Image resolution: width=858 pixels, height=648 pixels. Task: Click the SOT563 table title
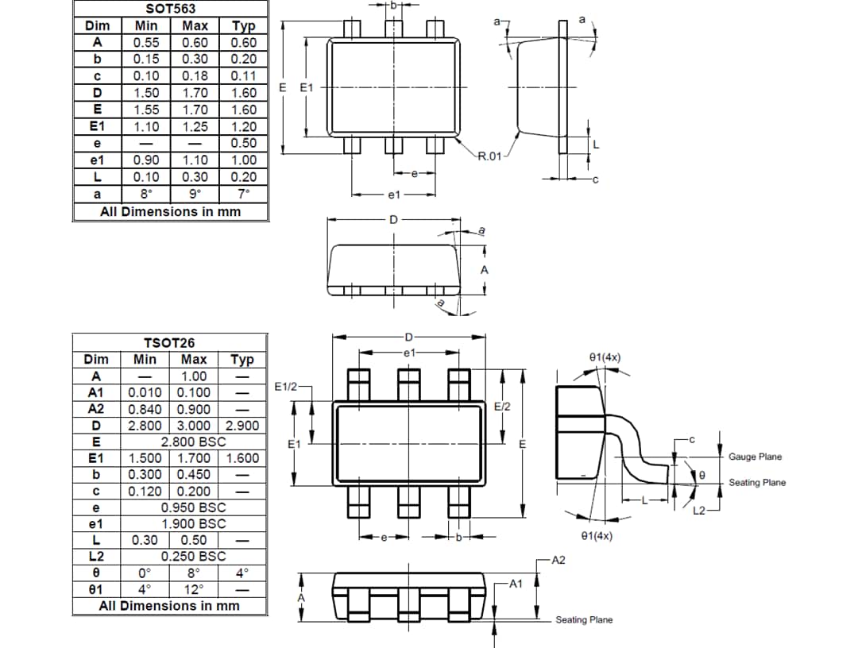point(171,9)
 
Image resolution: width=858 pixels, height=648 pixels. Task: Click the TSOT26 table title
point(171,343)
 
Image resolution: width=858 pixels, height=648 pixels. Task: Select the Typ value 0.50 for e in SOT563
point(244,143)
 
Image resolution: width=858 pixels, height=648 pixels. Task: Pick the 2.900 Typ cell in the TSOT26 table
point(242,426)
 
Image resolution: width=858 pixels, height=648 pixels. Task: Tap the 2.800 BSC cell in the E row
point(193,442)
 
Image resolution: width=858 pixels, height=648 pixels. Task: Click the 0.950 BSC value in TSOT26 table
point(193,507)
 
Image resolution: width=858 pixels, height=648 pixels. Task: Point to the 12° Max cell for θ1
point(194,589)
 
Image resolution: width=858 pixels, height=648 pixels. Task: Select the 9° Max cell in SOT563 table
point(195,194)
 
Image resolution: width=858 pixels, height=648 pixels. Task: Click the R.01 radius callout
point(489,156)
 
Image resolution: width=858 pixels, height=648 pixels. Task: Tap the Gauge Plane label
point(755,457)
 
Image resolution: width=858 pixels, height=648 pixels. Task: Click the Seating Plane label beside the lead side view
point(756,483)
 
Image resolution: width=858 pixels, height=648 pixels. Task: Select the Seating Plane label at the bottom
point(584,620)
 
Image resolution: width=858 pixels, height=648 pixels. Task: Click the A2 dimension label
point(558,561)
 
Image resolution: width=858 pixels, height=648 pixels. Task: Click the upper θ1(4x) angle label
point(605,357)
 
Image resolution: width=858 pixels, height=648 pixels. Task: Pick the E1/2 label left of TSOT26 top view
point(285,387)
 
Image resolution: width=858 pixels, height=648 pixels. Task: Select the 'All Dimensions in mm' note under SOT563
point(170,212)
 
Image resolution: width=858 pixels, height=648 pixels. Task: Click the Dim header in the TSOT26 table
point(96,360)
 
